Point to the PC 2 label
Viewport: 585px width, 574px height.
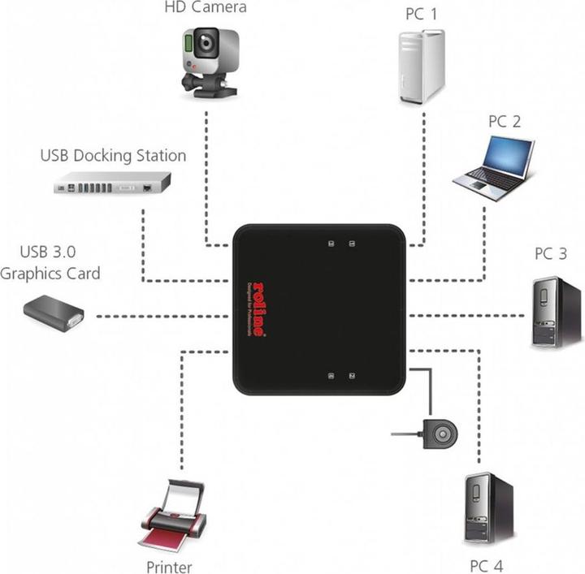tap(504, 121)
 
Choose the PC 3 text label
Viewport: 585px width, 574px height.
tap(550, 253)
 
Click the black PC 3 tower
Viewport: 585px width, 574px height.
tap(557, 312)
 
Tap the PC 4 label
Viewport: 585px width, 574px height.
tap(486, 564)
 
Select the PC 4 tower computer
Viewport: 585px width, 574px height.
tap(488, 507)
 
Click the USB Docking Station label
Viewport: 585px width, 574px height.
tap(113, 155)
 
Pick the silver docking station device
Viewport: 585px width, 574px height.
tap(111, 186)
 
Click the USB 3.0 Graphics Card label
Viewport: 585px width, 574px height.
tap(50, 264)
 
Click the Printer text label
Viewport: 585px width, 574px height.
tap(169, 566)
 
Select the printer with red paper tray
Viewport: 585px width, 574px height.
tap(171, 516)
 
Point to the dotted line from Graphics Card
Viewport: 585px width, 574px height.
tap(162, 314)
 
